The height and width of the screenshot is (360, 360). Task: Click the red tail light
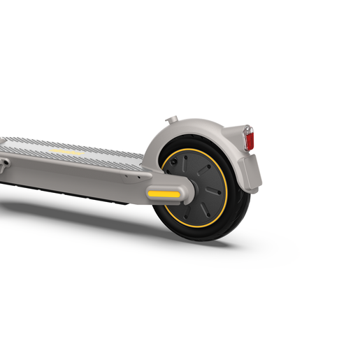pyautogui.click(x=250, y=141)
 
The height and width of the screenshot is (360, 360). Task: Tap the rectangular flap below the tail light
pyautogui.click(x=250, y=172)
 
